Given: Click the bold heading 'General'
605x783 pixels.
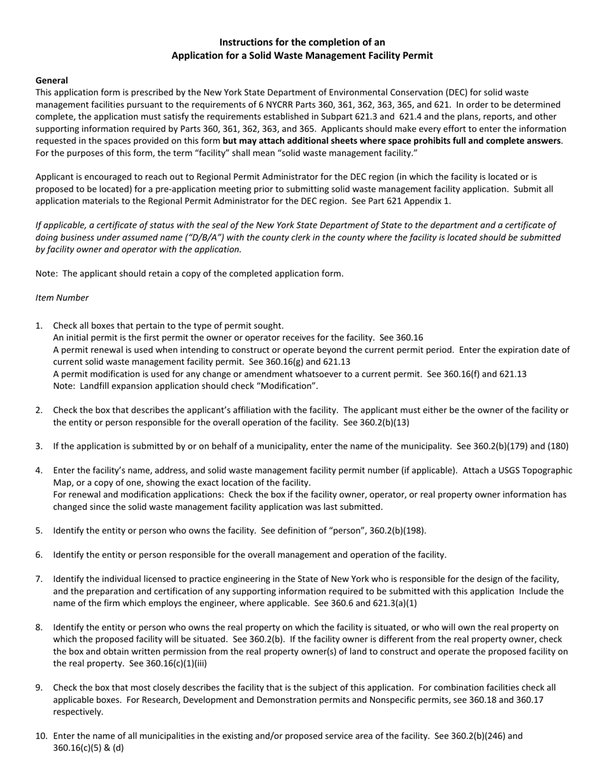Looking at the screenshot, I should pos(52,80).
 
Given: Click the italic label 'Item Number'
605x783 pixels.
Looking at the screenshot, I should pos(62,298).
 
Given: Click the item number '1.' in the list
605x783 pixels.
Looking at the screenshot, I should pos(39,326).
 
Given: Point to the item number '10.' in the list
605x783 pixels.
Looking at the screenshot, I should pos(41,736).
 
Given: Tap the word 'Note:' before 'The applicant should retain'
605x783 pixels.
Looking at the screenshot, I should pos(47,274).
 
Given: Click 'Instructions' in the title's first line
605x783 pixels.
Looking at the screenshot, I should pos(247,43).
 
